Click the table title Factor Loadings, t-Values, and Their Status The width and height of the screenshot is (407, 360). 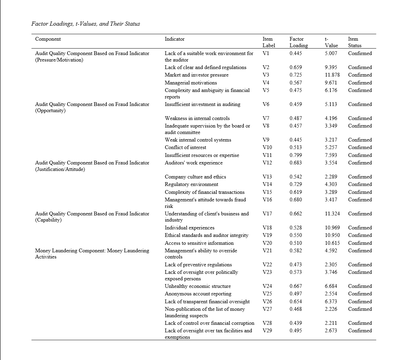86,24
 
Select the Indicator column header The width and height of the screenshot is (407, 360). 174,39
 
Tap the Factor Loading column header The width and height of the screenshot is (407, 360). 298,42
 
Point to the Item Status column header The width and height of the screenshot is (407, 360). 355,42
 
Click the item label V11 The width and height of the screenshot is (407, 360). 267,155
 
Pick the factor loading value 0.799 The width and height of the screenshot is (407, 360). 296,155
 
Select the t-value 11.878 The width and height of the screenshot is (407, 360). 332,75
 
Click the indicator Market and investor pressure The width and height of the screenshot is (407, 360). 196,75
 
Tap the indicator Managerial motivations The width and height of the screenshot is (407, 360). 191,83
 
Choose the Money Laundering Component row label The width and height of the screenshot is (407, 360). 92,254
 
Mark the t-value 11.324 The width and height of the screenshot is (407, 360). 332,214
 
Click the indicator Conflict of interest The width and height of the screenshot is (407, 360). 185,147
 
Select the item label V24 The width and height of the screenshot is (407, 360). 267,286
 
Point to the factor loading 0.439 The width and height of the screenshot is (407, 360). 296,323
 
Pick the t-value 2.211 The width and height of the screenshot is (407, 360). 331,323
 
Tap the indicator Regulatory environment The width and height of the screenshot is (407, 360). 191,184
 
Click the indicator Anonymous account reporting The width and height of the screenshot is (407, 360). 198,294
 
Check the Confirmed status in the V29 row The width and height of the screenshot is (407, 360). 360,331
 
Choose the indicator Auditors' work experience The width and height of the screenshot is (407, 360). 194,163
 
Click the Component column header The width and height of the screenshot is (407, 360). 48,39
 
